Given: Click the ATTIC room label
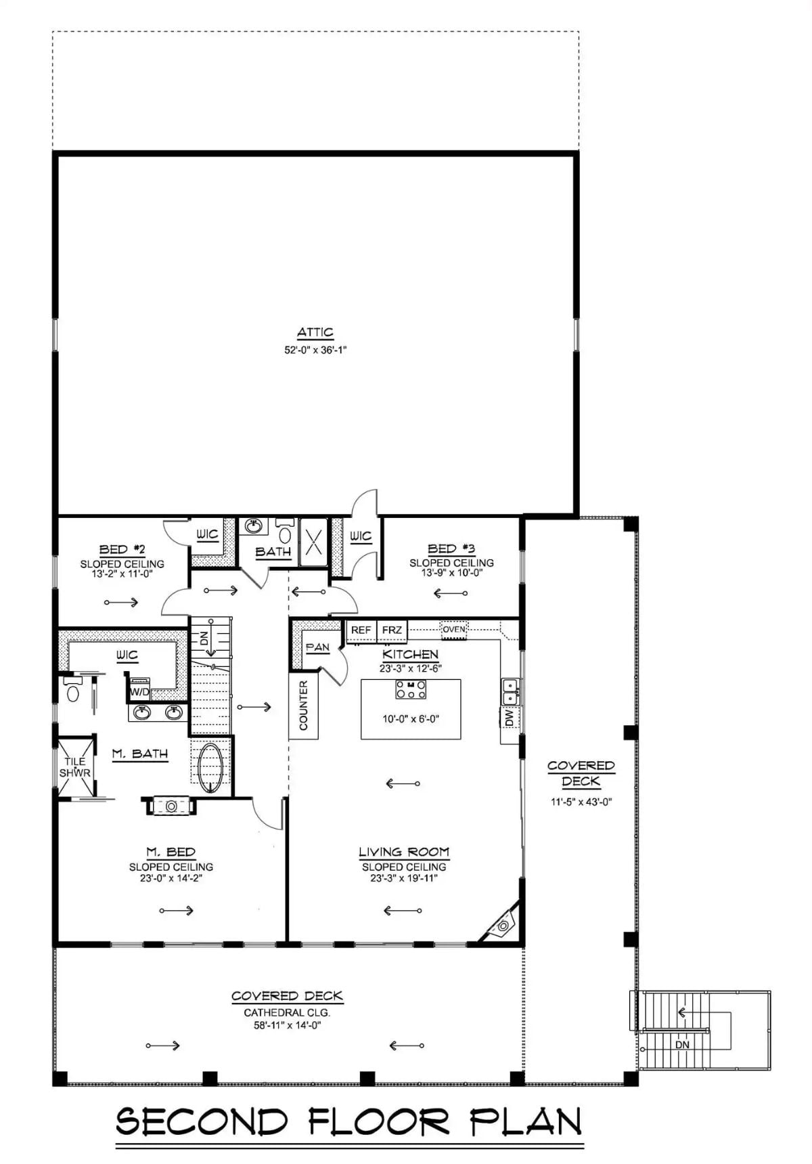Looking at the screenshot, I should click(x=315, y=332).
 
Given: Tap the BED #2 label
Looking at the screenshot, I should click(x=122, y=549).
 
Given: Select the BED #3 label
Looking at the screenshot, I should click(x=451, y=548).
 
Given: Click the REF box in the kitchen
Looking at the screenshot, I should click(x=361, y=630).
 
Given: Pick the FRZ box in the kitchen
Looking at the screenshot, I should click(x=392, y=630).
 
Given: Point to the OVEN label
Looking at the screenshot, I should click(x=454, y=629).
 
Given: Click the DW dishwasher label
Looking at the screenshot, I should click(x=509, y=717).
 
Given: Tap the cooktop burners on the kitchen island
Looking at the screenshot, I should click(x=411, y=689).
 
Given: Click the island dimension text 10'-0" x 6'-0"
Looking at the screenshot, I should click(x=411, y=719).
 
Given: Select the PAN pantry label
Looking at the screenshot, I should click(x=317, y=647).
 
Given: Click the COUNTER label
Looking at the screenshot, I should click(x=303, y=705).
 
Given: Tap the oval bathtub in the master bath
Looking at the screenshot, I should click(x=211, y=767).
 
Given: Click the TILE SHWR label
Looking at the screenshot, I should click(x=74, y=767).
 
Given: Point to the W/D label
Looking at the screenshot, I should click(x=139, y=692).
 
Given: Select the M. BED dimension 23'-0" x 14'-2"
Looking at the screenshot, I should click(x=171, y=878).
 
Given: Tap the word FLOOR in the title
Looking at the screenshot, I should click(x=379, y=1122).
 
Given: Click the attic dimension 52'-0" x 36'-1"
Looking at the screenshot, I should click(x=315, y=350).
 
